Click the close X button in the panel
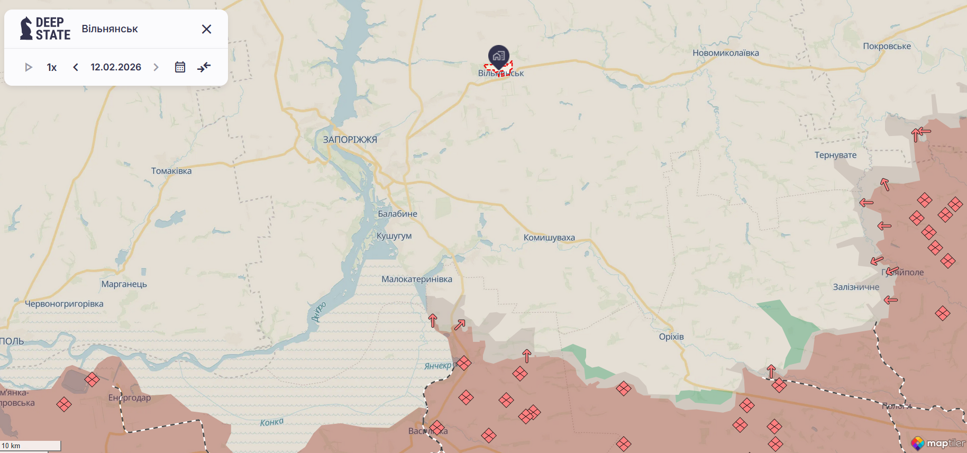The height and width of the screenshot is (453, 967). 206,29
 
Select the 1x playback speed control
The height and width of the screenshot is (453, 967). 52,67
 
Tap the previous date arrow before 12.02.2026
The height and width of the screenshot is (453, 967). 76,67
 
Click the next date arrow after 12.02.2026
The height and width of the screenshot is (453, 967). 156,67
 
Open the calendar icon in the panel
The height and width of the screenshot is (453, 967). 180,67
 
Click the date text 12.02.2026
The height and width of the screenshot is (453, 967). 116,67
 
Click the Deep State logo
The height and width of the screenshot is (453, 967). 45,29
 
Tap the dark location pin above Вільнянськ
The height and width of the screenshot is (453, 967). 498,56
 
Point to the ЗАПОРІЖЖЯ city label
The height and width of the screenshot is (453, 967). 350,140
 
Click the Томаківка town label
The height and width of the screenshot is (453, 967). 171,171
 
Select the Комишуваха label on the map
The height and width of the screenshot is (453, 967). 549,238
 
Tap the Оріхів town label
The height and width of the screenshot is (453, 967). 671,337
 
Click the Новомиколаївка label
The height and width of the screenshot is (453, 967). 726,53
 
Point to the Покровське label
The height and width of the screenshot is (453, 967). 887,46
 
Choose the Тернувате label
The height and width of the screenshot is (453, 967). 835,155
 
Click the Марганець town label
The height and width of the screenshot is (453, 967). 124,284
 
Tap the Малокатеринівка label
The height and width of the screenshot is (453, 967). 417,279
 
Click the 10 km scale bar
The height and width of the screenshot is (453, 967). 30,446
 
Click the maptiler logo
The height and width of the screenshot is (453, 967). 938,443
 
